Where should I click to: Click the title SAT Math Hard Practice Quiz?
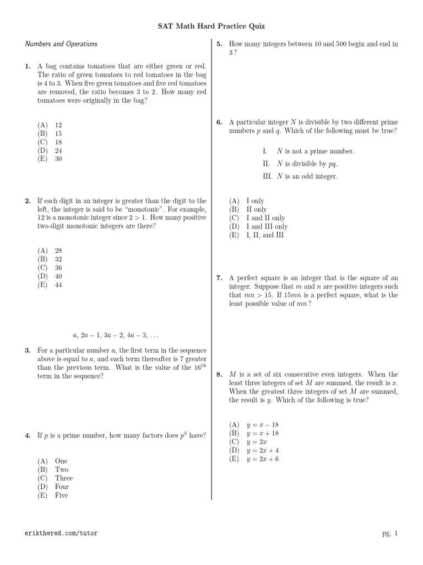211,25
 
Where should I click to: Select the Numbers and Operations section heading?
62,44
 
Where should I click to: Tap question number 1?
28,67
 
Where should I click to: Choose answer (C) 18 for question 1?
50,142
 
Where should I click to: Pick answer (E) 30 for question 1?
50,158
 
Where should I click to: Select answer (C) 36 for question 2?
50,267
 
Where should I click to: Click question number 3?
28,350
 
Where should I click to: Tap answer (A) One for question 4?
53,461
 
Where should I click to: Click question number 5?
219,44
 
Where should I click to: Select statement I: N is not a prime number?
308,151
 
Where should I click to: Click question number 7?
219,278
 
